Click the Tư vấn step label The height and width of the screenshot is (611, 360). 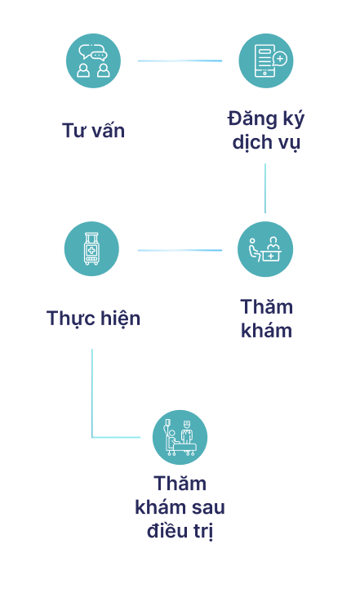tap(94, 130)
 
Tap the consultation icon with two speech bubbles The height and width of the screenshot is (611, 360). tap(94, 60)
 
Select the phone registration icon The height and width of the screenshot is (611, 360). tap(266, 60)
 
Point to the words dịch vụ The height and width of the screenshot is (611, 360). tap(266, 143)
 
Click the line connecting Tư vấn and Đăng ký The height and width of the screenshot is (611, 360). tap(180, 60)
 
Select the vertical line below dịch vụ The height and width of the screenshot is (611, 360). tap(265, 188)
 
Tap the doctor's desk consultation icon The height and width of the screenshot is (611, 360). tap(265, 249)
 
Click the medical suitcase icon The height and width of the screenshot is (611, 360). tap(91, 249)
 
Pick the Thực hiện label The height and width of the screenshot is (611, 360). tap(94, 319)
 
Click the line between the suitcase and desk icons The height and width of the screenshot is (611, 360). tap(180, 250)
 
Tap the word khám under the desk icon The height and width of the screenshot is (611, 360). tap(266, 331)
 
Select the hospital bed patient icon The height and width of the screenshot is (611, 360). tap(180, 437)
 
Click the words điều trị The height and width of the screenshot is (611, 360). tap(180, 531)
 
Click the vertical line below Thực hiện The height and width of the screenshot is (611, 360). tap(92, 393)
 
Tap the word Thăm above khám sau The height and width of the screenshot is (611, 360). tap(180, 484)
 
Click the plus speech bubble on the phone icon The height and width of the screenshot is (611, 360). tap(280, 60)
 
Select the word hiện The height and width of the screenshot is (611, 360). tap(121, 319)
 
